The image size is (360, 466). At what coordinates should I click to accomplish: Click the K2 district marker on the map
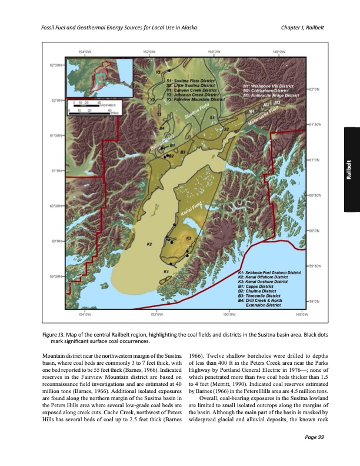150,243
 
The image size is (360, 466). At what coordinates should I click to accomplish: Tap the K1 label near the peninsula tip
166,271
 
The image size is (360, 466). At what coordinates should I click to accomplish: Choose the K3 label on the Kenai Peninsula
188,238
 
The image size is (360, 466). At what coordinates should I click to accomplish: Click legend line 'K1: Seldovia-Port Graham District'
269,272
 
